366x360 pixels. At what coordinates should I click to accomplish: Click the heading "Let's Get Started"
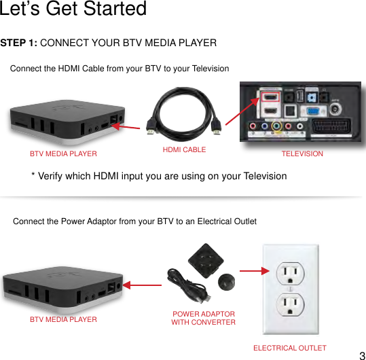point(73,10)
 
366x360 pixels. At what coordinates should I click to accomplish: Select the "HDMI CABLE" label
point(184,149)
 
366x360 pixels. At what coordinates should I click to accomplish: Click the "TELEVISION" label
point(302,154)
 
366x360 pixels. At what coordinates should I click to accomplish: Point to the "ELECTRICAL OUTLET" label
point(289,348)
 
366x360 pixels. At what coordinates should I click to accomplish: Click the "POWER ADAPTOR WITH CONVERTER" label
point(203,318)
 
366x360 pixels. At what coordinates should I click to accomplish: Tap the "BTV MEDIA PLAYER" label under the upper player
point(63,154)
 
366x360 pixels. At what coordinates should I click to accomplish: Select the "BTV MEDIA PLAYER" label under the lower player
point(63,319)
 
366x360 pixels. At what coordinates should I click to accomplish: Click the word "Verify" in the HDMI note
point(54,176)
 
